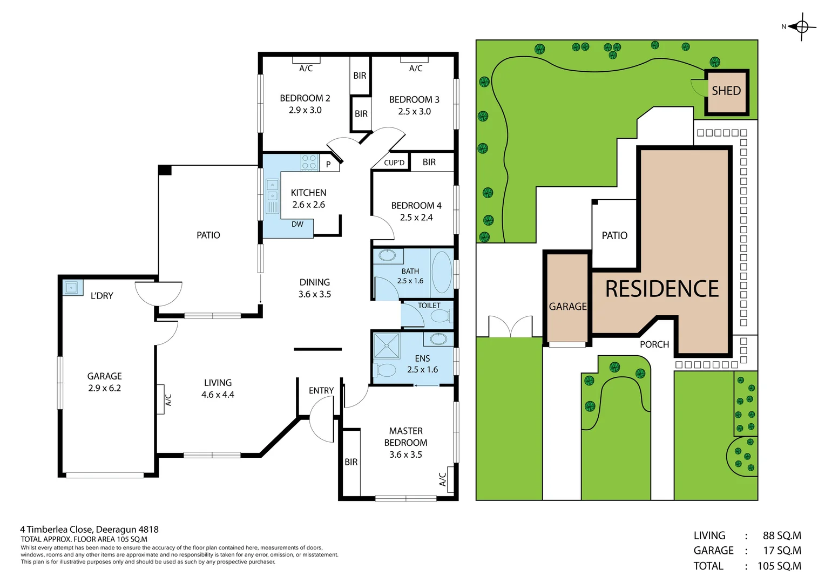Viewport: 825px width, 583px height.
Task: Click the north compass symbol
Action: pyautogui.click(x=801, y=26)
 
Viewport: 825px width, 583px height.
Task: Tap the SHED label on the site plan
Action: pyautogui.click(x=726, y=91)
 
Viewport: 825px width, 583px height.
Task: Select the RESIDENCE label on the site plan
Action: pyautogui.click(x=661, y=289)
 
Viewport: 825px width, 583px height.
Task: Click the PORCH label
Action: pyautogui.click(x=654, y=344)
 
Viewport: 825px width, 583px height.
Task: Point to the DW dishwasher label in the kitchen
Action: pyautogui.click(x=297, y=224)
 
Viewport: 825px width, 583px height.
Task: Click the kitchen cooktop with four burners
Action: pyautogui.click(x=309, y=162)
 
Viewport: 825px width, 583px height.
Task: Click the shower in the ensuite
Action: pyautogui.click(x=387, y=346)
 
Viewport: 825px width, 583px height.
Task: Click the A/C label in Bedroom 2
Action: pyautogui.click(x=306, y=69)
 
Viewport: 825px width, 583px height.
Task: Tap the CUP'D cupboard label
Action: pyautogui.click(x=394, y=162)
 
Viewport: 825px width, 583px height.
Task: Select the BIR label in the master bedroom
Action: pyautogui.click(x=351, y=462)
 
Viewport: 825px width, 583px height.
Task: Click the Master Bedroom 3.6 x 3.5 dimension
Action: pyautogui.click(x=405, y=455)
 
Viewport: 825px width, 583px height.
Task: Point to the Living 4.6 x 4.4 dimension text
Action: pyautogui.click(x=218, y=395)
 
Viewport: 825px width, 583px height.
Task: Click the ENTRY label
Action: pyautogui.click(x=321, y=390)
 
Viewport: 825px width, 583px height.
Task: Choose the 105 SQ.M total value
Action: pyautogui.click(x=779, y=566)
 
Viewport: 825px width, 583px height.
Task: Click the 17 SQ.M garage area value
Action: pyautogui.click(x=781, y=551)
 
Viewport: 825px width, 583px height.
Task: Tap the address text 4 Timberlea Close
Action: pyautogui.click(x=89, y=530)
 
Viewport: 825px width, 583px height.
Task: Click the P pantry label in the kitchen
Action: pyautogui.click(x=328, y=165)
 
